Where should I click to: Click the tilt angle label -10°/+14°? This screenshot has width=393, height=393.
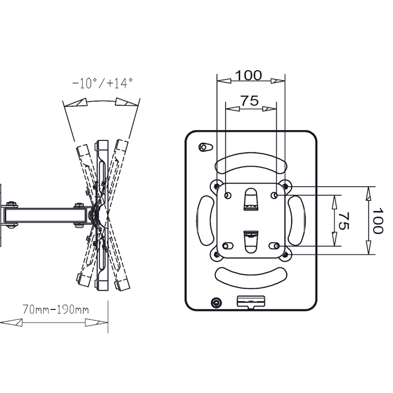click(102, 84)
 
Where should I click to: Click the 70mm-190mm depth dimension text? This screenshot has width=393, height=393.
click(56, 309)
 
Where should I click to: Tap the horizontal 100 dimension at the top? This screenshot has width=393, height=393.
click(248, 76)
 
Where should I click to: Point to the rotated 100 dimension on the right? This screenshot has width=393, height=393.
click(377, 221)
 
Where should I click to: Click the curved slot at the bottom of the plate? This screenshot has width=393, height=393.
click(251, 275)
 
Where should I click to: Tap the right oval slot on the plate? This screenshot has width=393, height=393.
click(298, 220)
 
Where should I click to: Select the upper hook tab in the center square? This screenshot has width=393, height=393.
click(250, 199)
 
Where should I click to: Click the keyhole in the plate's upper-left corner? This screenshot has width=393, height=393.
click(205, 147)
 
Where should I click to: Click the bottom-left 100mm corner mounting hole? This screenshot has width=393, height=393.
click(216, 254)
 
